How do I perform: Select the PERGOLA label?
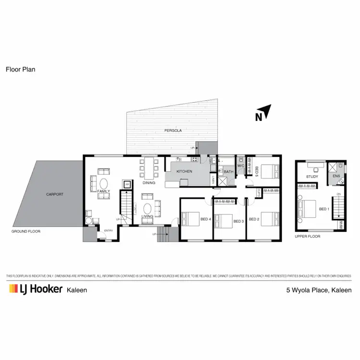point(170,130)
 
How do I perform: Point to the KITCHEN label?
point(184,171)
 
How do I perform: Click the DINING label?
point(149,183)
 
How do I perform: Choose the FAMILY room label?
point(104,191)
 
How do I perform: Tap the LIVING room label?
point(147,216)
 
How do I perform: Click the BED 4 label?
point(205,219)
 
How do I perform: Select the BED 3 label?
point(239,221)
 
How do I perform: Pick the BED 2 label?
point(254,219)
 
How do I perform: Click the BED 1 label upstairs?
point(324,209)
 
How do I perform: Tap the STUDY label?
point(312,177)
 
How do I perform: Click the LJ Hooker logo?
point(36,289)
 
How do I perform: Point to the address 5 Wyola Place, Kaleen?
point(319,290)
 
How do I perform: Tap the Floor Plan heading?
point(21,69)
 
